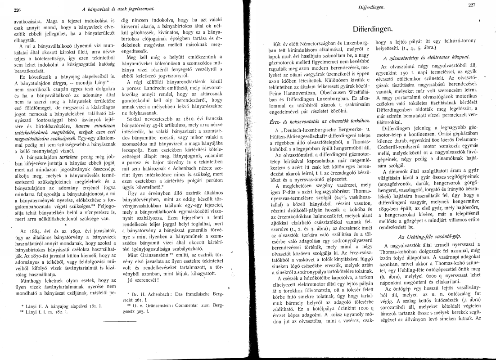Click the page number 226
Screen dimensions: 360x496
point(18,9)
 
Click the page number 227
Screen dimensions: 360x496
point(472,5)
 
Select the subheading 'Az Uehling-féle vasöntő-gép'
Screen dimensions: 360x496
point(426,236)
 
